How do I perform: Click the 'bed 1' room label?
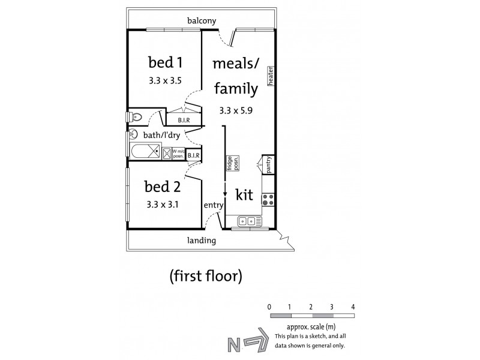(165, 62)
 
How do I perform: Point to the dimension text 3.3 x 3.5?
(165, 79)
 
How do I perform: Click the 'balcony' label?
(201, 21)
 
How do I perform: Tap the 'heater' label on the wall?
(271, 76)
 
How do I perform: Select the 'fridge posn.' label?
(229, 163)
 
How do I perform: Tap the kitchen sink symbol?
(247, 222)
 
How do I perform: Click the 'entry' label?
(214, 205)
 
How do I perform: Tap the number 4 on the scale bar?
(353, 306)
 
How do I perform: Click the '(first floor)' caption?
(206, 277)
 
